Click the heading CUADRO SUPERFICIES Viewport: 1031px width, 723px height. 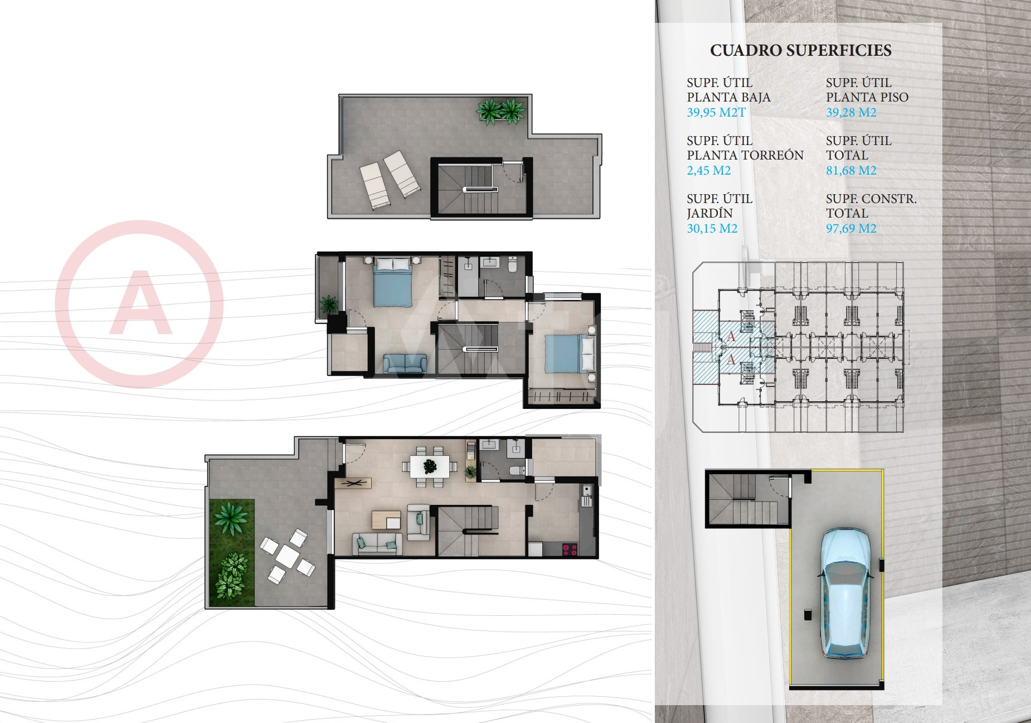pos(800,51)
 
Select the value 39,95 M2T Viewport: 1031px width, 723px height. pos(716,112)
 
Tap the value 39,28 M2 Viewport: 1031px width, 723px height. pos(851,112)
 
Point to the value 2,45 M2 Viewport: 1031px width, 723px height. pos(709,170)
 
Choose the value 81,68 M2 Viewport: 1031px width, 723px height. pos(851,170)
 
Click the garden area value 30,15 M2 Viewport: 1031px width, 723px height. pos(712,228)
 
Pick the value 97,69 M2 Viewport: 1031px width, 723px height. pos(851,228)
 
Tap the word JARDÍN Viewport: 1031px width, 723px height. pos(709,213)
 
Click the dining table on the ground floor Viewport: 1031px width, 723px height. pos(430,466)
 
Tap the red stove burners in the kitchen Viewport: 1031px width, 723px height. pos(570,550)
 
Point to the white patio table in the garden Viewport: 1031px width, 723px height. pos(288,555)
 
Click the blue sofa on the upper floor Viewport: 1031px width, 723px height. pos(405,363)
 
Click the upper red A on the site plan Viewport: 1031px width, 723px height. pos(732,336)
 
